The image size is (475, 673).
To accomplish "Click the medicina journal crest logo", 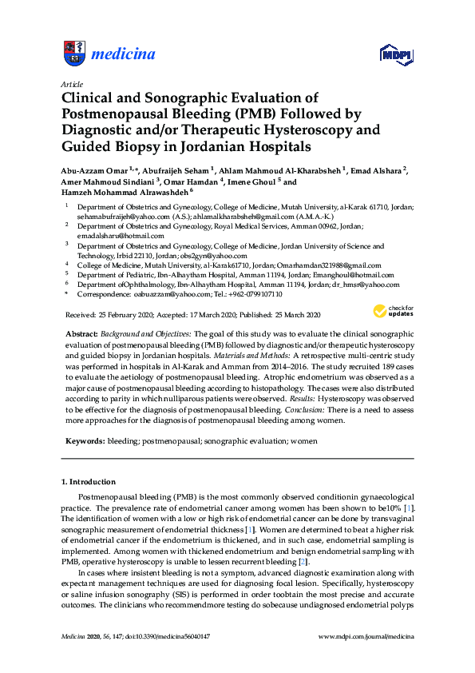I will (73, 54).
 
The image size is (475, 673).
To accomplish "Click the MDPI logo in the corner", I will (391, 54).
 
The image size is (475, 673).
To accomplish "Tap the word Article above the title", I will (70, 84).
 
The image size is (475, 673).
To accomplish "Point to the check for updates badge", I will (391, 310).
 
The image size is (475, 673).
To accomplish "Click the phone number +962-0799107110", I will (257, 294).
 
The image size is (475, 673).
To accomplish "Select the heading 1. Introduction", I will (89, 482).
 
